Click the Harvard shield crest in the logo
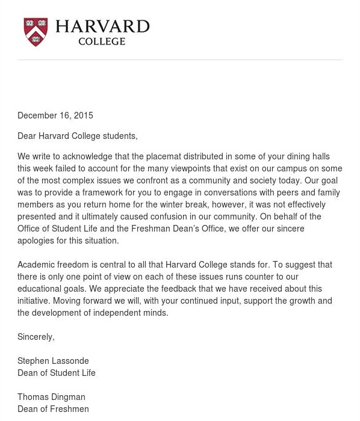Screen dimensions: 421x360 36,32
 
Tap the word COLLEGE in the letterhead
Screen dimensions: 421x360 102,41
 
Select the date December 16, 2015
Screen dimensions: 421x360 55,115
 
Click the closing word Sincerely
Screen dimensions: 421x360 36,337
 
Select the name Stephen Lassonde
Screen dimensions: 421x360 53,361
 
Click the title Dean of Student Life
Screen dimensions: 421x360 57,373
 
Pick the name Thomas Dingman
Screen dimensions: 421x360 51,397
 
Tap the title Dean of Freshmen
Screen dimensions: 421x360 53,409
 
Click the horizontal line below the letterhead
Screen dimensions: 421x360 180,60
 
